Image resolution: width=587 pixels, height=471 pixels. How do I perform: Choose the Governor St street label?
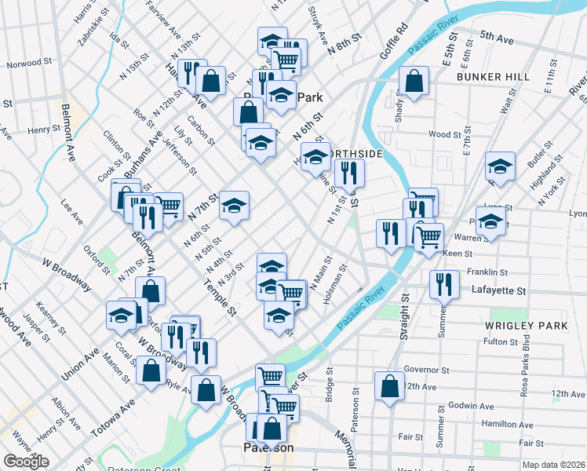coord(425,370)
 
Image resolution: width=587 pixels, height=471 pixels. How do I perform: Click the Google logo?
coord(26,462)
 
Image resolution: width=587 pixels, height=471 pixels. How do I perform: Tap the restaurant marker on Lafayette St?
coord(444,283)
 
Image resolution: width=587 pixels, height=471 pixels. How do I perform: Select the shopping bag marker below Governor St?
coord(390,385)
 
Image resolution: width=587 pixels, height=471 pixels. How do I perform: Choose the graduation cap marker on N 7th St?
coord(234,205)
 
